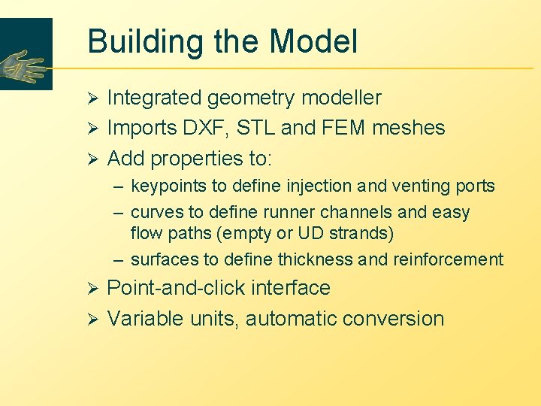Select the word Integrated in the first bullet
tap(154, 98)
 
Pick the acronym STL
tap(255, 128)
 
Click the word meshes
tap(407, 128)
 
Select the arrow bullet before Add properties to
tap(93, 159)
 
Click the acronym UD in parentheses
tap(314, 234)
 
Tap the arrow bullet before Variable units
tap(93, 319)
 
